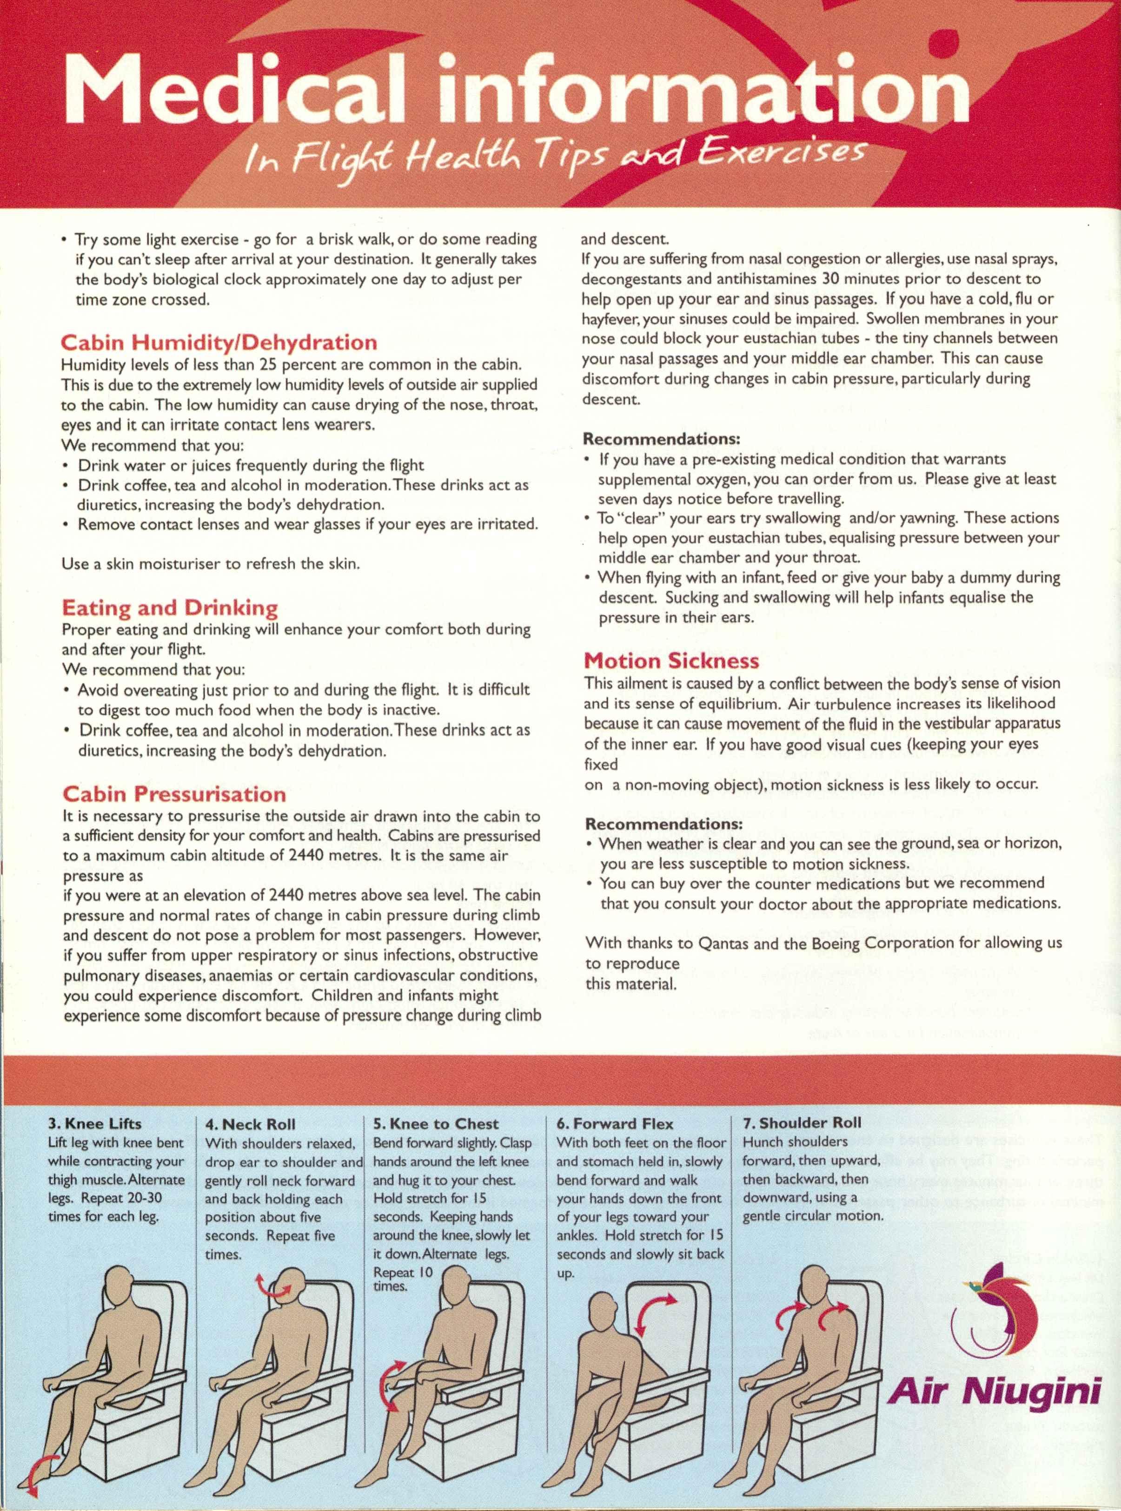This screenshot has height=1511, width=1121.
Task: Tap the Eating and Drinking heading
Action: [x=170, y=607]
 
